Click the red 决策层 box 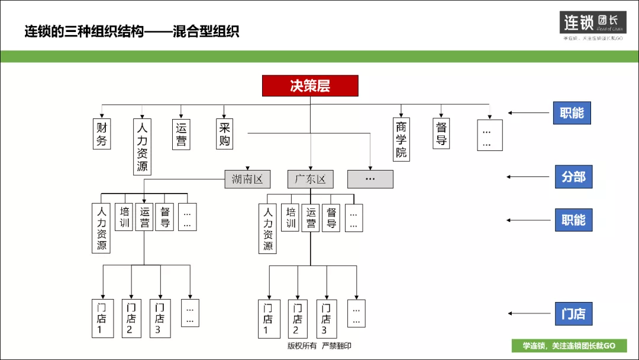310,86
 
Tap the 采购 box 224,134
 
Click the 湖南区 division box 247,179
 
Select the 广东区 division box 311,179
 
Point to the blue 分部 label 573,176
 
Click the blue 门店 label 573,314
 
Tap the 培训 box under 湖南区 124,217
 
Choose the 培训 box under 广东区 291,217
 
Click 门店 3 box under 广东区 325,319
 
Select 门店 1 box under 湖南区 101,319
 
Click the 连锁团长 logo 592,22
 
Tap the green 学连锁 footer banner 569,346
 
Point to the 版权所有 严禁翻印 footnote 319,346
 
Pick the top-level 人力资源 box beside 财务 142,146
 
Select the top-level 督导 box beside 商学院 441,134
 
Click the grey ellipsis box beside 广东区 370,179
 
